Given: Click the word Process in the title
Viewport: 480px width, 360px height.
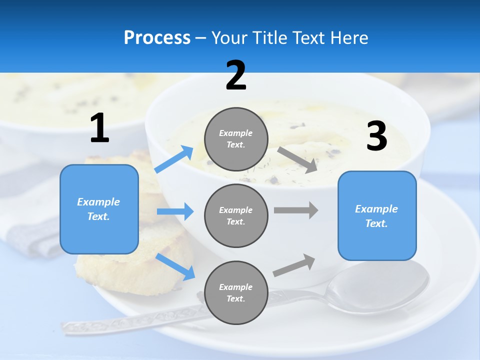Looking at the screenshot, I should pyautogui.click(x=157, y=38).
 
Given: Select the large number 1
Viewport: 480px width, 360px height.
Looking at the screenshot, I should pyautogui.click(x=99, y=128).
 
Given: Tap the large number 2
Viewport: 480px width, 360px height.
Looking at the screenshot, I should pyautogui.click(x=236, y=75).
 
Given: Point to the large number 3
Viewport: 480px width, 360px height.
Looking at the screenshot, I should pyautogui.click(x=376, y=136).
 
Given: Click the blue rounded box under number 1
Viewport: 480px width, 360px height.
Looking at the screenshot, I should pyautogui.click(x=99, y=209).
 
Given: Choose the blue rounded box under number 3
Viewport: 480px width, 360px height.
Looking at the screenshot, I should pyautogui.click(x=377, y=215).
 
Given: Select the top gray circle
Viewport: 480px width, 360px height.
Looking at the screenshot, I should pyautogui.click(x=236, y=139).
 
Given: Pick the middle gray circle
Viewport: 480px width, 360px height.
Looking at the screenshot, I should pyautogui.click(x=236, y=215).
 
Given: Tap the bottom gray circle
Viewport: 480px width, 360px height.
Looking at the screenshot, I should pyautogui.click(x=236, y=292).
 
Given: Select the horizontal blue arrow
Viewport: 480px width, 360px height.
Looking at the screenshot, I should pyautogui.click(x=175, y=211).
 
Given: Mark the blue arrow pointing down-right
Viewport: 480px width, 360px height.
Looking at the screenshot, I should pyautogui.click(x=175, y=266).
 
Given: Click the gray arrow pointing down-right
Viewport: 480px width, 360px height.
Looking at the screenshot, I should pyautogui.click(x=297, y=159).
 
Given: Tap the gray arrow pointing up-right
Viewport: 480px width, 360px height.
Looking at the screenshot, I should pyautogui.click(x=294, y=265).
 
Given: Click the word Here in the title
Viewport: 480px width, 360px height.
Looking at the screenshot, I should pyautogui.click(x=349, y=38).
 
